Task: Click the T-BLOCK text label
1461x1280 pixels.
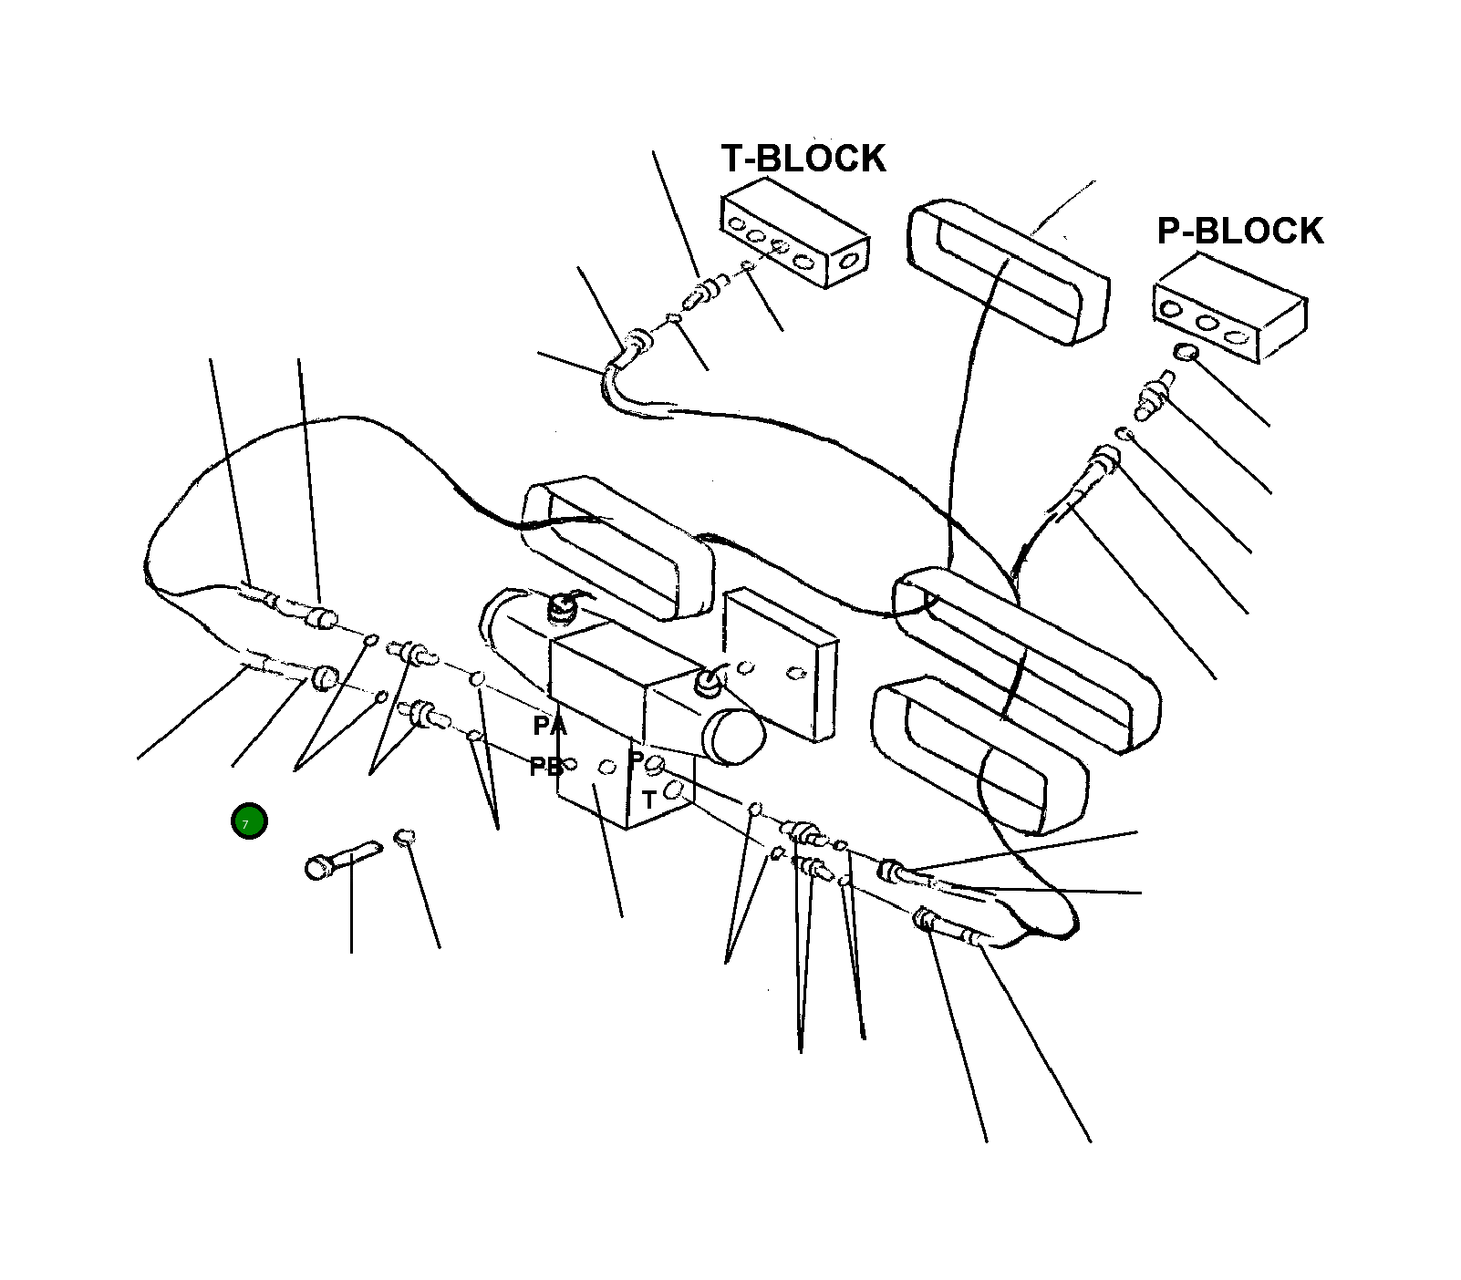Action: pos(803,159)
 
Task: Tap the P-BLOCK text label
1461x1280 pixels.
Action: pos(1239,232)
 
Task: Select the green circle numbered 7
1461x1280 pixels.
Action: pos(249,821)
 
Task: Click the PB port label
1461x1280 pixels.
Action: pos(544,768)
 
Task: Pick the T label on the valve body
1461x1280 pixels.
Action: pos(648,800)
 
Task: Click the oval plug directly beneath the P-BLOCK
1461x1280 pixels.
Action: pos(1186,352)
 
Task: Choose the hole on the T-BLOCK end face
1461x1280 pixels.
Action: pos(849,262)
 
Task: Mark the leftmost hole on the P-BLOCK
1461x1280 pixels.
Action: pos(1171,310)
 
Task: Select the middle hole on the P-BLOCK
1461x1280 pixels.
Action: pos(1207,323)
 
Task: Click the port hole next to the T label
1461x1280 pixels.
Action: pos(674,790)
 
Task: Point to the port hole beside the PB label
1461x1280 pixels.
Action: pos(571,764)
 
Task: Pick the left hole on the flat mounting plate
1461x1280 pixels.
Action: pos(746,667)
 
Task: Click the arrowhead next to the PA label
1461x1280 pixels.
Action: pos(560,724)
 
